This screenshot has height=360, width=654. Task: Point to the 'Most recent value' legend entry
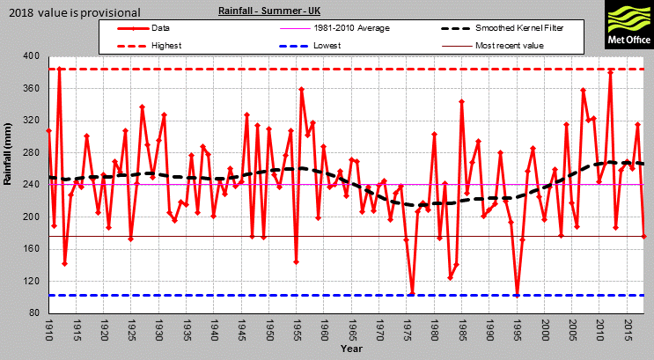coord(510,45)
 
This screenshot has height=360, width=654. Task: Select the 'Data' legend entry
coord(164,28)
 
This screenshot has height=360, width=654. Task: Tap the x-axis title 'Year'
coord(351,349)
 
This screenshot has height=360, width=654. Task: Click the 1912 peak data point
coord(60,69)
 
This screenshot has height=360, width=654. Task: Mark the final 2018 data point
coord(644,236)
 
